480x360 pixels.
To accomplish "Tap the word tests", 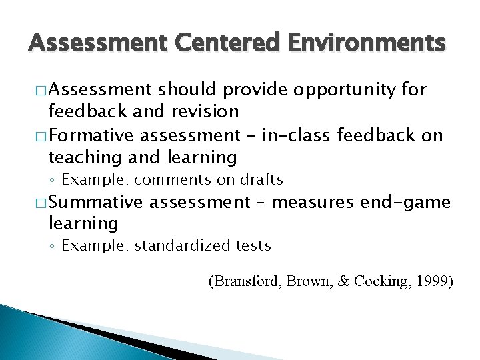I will [252, 245].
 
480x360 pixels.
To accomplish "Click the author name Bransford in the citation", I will [247, 281].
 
